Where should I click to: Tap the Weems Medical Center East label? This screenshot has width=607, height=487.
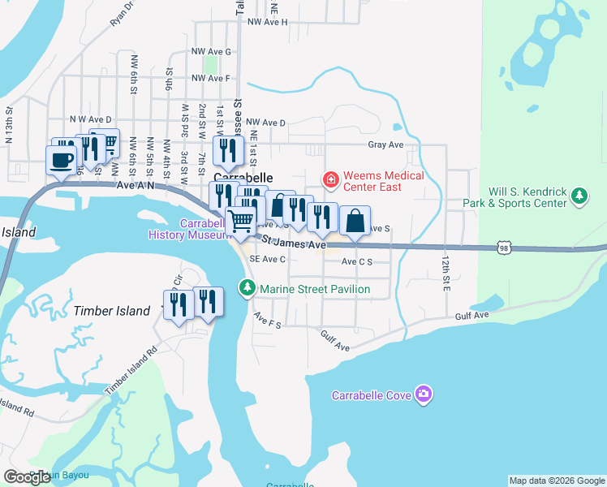click(x=383, y=181)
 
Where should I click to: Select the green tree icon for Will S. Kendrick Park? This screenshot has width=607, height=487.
click(x=579, y=196)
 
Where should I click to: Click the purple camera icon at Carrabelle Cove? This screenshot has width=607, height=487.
click(x=423, y=395)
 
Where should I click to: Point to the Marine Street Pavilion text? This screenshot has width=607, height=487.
click(x=314, y=289)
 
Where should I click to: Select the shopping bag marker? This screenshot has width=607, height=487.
click(x=355, y=221)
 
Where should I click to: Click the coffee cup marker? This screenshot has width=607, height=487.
click(x=61, y=158)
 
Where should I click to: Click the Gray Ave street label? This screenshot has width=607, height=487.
click(x=385, y=144)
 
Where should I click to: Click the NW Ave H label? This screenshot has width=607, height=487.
click(x=267, y=22)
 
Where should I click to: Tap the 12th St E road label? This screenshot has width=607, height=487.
click(x=446, y=271)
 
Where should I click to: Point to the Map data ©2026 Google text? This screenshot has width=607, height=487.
click(x=556, y=481)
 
